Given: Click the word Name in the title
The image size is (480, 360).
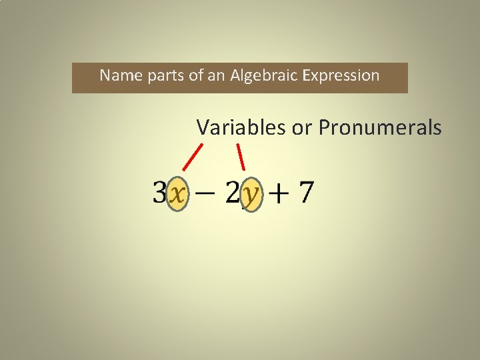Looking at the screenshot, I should [117, 75].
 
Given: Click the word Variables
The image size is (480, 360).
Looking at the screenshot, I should [241, 127].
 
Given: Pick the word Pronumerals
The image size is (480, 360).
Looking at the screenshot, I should [379, 127].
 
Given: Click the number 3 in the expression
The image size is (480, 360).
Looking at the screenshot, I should [159, 193].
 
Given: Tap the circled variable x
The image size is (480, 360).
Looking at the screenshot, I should [177, 194].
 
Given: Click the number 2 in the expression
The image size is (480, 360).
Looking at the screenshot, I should [233, 193].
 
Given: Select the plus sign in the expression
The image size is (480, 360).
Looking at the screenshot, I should [279, 193].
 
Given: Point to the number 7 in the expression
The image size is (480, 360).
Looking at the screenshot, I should [305, 193].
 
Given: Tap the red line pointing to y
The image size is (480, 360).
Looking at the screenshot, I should [241, 157].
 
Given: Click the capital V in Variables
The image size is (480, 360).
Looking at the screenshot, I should [203, 127].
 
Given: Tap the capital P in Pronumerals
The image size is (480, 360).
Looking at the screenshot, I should [325, 127].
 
